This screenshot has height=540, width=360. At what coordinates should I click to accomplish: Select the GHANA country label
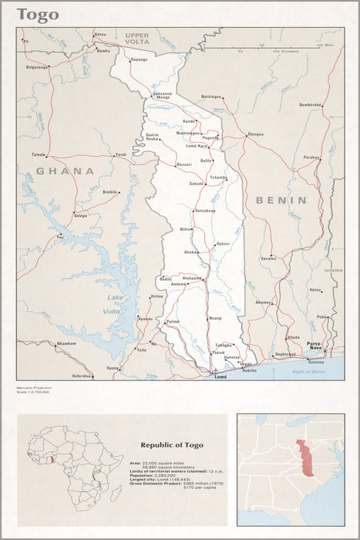[66, 170]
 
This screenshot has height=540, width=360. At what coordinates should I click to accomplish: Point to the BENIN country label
[281, 200]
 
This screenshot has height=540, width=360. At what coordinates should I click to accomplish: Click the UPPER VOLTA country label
[137, 39]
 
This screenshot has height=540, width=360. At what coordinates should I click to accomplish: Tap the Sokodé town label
[197, 184]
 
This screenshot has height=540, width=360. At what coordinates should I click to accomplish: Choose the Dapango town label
[139, 59]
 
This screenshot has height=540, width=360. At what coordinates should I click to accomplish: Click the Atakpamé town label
[192, 278]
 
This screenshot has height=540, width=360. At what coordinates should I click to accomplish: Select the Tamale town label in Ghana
[39, 154]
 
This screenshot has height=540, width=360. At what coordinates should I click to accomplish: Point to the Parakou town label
[311, 157]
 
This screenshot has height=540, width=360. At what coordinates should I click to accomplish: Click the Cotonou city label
[317, 360]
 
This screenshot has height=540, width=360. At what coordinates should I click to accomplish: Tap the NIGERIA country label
[333, 271]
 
